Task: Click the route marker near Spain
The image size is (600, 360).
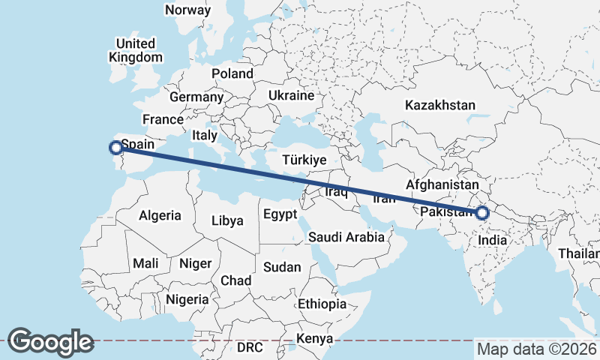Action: (x=115, y=147)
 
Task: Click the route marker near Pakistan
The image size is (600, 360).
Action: (x=481, y=213)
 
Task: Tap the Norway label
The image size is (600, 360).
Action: (x=187, y=10)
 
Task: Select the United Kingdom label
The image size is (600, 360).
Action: (x=135, y=50)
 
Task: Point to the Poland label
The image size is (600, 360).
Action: (x=232, y=73)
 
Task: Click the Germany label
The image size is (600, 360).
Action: (x=196, y=97)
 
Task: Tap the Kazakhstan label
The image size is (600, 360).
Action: (x=439, y=105)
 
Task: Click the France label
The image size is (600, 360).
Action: (x=163, y=119)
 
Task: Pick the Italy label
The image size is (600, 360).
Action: (x=204, y=136)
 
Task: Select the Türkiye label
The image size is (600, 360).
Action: (x=304, y=160)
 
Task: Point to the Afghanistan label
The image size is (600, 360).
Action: (x=442, y=184)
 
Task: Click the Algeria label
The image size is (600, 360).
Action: (x=160, y=215)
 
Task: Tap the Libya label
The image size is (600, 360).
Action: (x=227, y=221)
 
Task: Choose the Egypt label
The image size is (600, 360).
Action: (x=281, y=215)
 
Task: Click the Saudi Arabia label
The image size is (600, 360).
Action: (x=346, y=238)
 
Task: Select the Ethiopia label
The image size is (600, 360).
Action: (x=322, y=304)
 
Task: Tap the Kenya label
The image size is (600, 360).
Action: (x=314, y=339)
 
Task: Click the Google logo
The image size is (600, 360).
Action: (x=50, y=342)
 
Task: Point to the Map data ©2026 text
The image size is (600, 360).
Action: (x=537, y=349)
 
